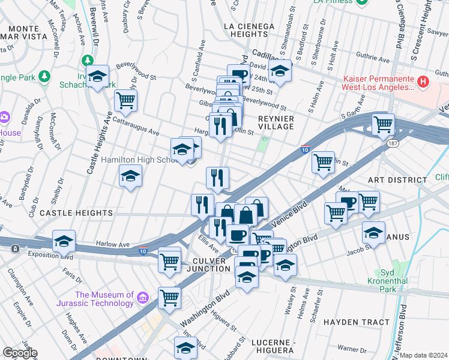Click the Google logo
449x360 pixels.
coord(19,353)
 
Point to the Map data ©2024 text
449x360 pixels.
coord(423,355)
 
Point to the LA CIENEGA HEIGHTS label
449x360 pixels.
coord(249,31)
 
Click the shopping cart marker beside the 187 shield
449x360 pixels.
coord(382,124)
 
